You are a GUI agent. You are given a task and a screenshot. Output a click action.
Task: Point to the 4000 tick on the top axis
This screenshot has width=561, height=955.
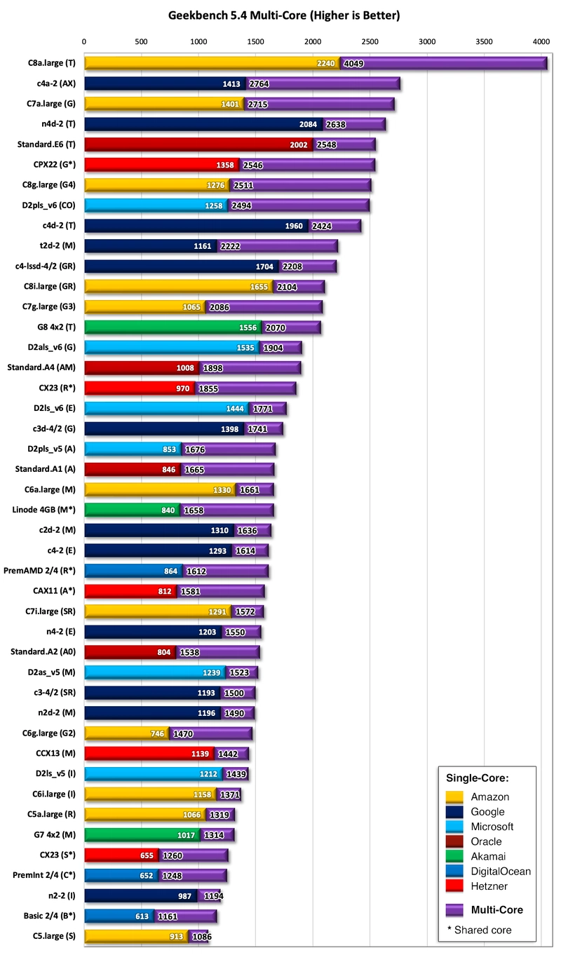coord(540,41)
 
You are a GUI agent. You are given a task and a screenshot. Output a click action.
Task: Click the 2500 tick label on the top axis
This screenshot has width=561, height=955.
coord(370,41)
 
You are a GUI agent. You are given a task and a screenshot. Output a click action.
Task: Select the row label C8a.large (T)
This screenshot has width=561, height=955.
coord(52,63)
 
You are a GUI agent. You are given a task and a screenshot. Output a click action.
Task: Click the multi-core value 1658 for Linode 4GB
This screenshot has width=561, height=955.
coord(194,510)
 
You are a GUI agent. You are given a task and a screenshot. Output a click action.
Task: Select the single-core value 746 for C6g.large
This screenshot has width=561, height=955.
coord(158,733)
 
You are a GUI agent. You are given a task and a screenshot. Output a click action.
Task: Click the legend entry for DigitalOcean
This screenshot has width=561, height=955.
coord(501,872)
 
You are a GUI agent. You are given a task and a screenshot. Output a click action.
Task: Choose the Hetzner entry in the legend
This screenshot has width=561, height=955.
coord(490,886)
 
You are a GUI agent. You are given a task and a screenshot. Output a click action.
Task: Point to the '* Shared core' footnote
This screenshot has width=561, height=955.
coord(479,930)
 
